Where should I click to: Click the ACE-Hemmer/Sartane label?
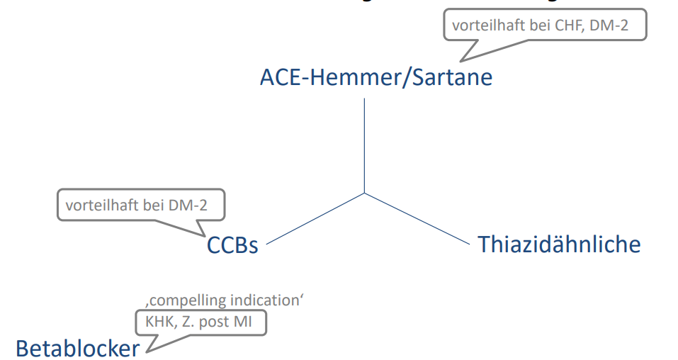[375, 77]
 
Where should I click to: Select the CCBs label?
[232, 245]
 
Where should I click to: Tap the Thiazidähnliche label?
[559, 244]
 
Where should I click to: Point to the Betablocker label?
[78, 348]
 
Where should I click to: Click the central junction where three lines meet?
[364, 192]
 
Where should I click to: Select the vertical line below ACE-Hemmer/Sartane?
[364, 142]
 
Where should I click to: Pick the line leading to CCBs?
[315, 218]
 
